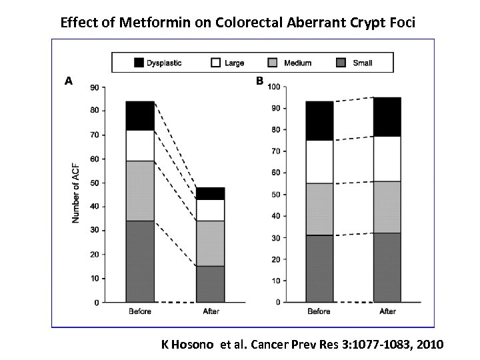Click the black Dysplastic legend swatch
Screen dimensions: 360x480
click(x=139, y=63)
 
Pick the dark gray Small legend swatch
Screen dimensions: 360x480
click(x=339, y=63)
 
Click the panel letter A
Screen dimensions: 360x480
click(x=68, y=81)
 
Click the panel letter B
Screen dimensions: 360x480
click(x=259, y=81)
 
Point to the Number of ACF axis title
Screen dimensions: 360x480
click(x=76, y=193)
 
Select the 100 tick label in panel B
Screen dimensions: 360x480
click(x=273, y=87)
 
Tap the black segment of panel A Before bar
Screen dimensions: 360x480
click(x=140, y=115)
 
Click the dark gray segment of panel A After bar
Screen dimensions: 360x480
click(x=210, y=284)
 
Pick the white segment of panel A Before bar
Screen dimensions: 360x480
click(x=140, y=145)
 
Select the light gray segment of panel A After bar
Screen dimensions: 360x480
click(x=210, y=243)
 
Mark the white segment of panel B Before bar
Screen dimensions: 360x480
click(x=320, y=161)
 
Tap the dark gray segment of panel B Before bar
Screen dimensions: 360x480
click(x=320, y=269)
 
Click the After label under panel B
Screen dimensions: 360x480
click(x=387, y=311)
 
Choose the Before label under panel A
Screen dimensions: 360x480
click(x=140, y=311)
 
